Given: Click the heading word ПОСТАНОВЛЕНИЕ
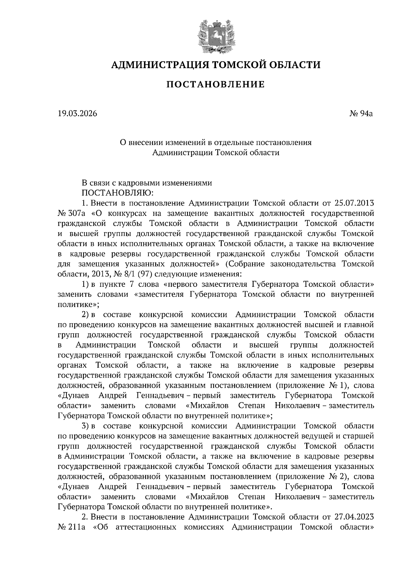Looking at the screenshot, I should coord(216,84).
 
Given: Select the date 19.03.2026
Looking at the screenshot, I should coord(77,114).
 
